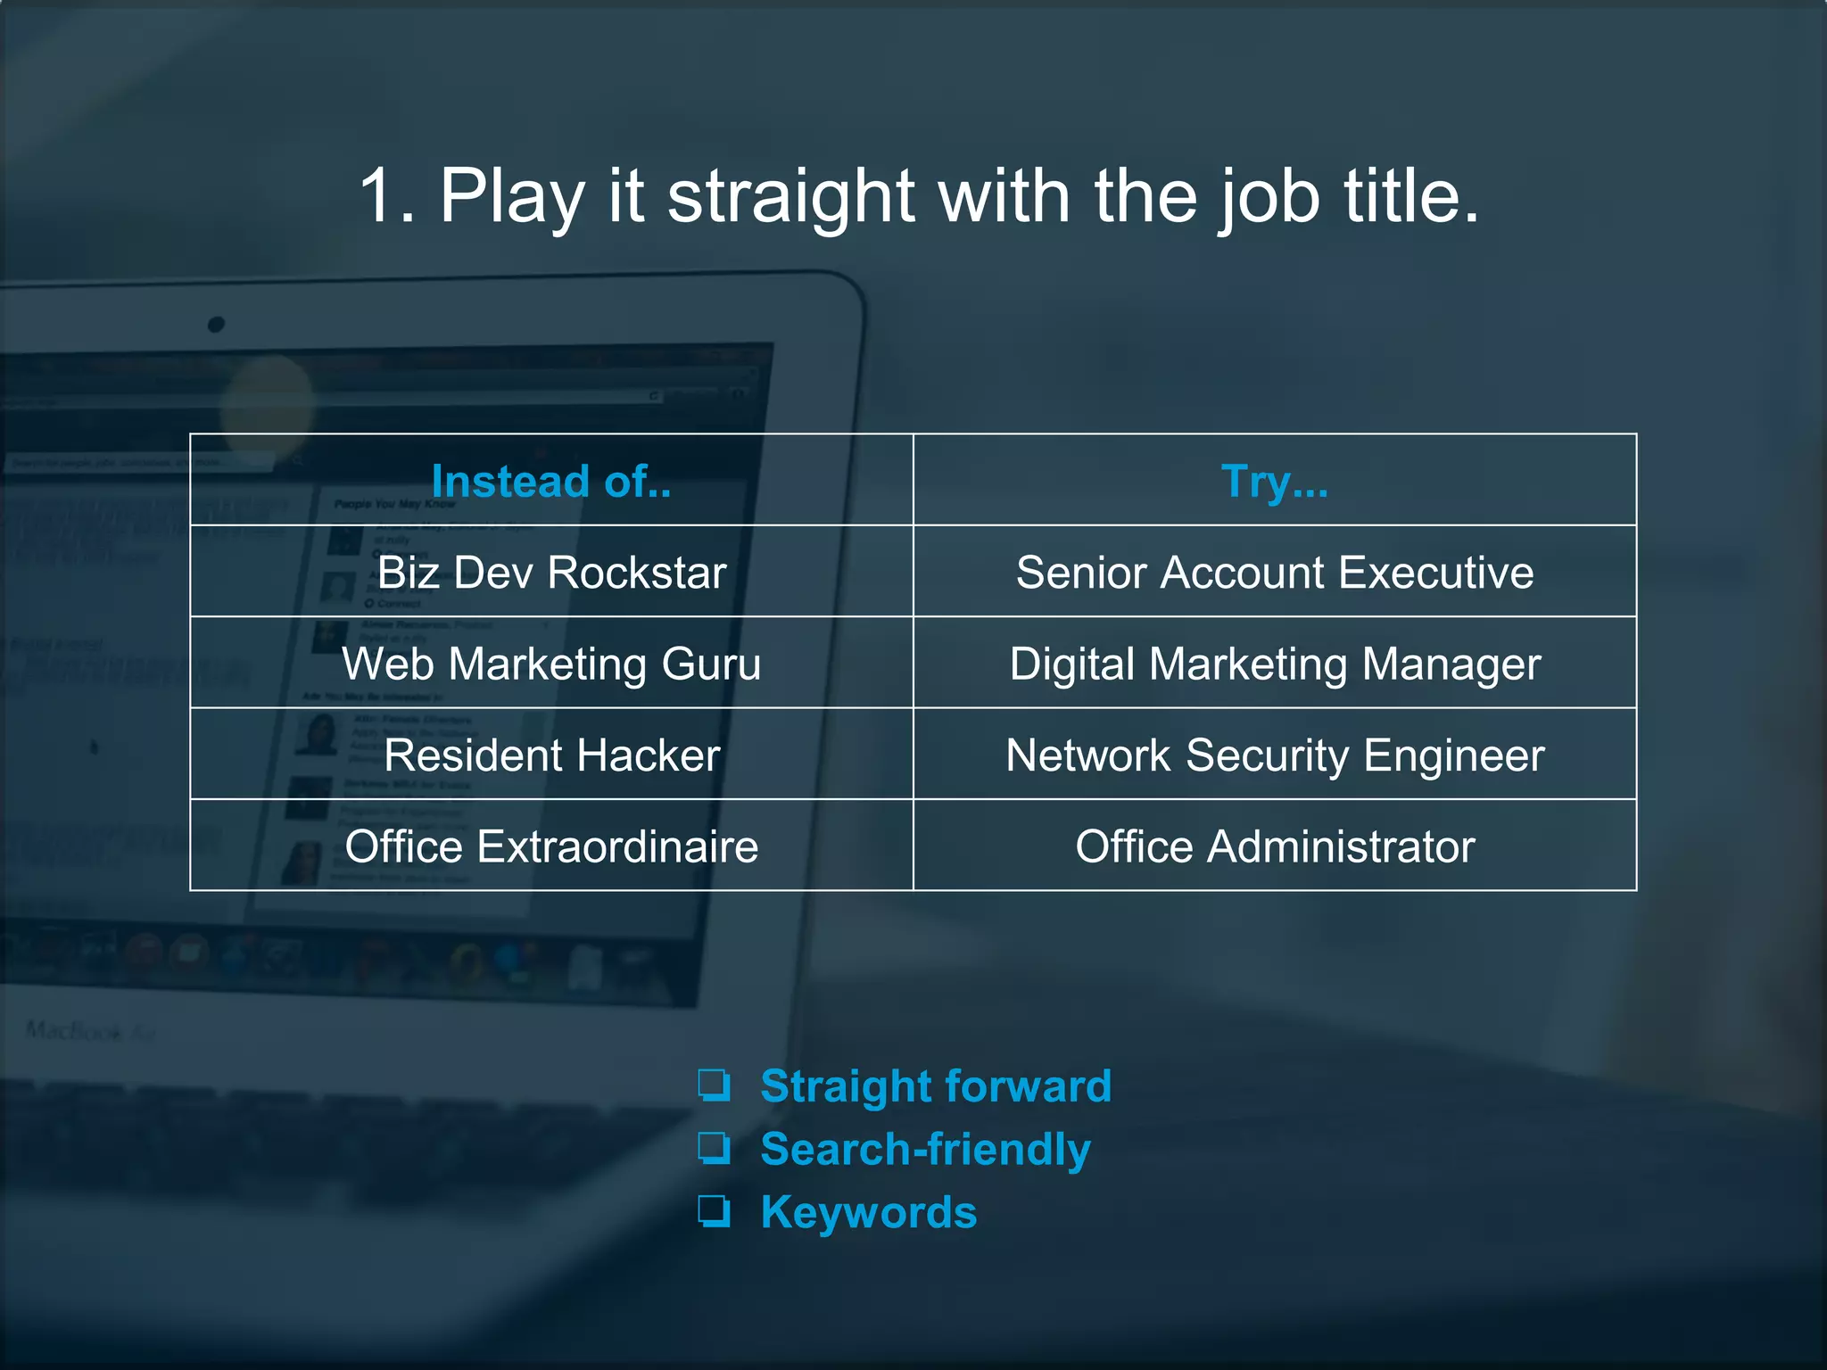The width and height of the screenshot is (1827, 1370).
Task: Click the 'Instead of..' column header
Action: [551, 482]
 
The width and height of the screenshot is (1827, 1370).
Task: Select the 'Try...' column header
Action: [1274, 482]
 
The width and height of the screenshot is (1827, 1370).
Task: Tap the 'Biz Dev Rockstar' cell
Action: [551, 573]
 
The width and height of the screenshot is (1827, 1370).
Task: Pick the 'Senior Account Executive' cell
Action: [1274, 573]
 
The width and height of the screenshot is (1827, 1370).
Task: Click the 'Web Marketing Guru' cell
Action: [551, 664]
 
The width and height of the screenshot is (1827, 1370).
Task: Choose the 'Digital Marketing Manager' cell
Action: [1274, 664]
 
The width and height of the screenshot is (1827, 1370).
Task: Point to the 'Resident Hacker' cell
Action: [551, 755]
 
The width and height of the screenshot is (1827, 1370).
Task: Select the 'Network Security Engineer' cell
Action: [1274, 755]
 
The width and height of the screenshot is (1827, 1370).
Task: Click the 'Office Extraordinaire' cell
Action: [551, 846]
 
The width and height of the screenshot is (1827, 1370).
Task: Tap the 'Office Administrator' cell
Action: [1274, 846]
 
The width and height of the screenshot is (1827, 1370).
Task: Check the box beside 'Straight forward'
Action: [714, 1085]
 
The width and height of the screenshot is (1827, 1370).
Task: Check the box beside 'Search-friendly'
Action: [714, 1148]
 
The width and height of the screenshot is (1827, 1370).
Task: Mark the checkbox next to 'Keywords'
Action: [714, 1211]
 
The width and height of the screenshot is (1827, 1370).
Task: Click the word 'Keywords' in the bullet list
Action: [868, 1212]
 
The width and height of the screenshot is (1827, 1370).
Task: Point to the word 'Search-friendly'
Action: [925, 1149]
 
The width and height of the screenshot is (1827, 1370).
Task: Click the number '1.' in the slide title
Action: [387, 196]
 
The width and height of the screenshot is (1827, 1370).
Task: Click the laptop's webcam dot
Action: [216, 325]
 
